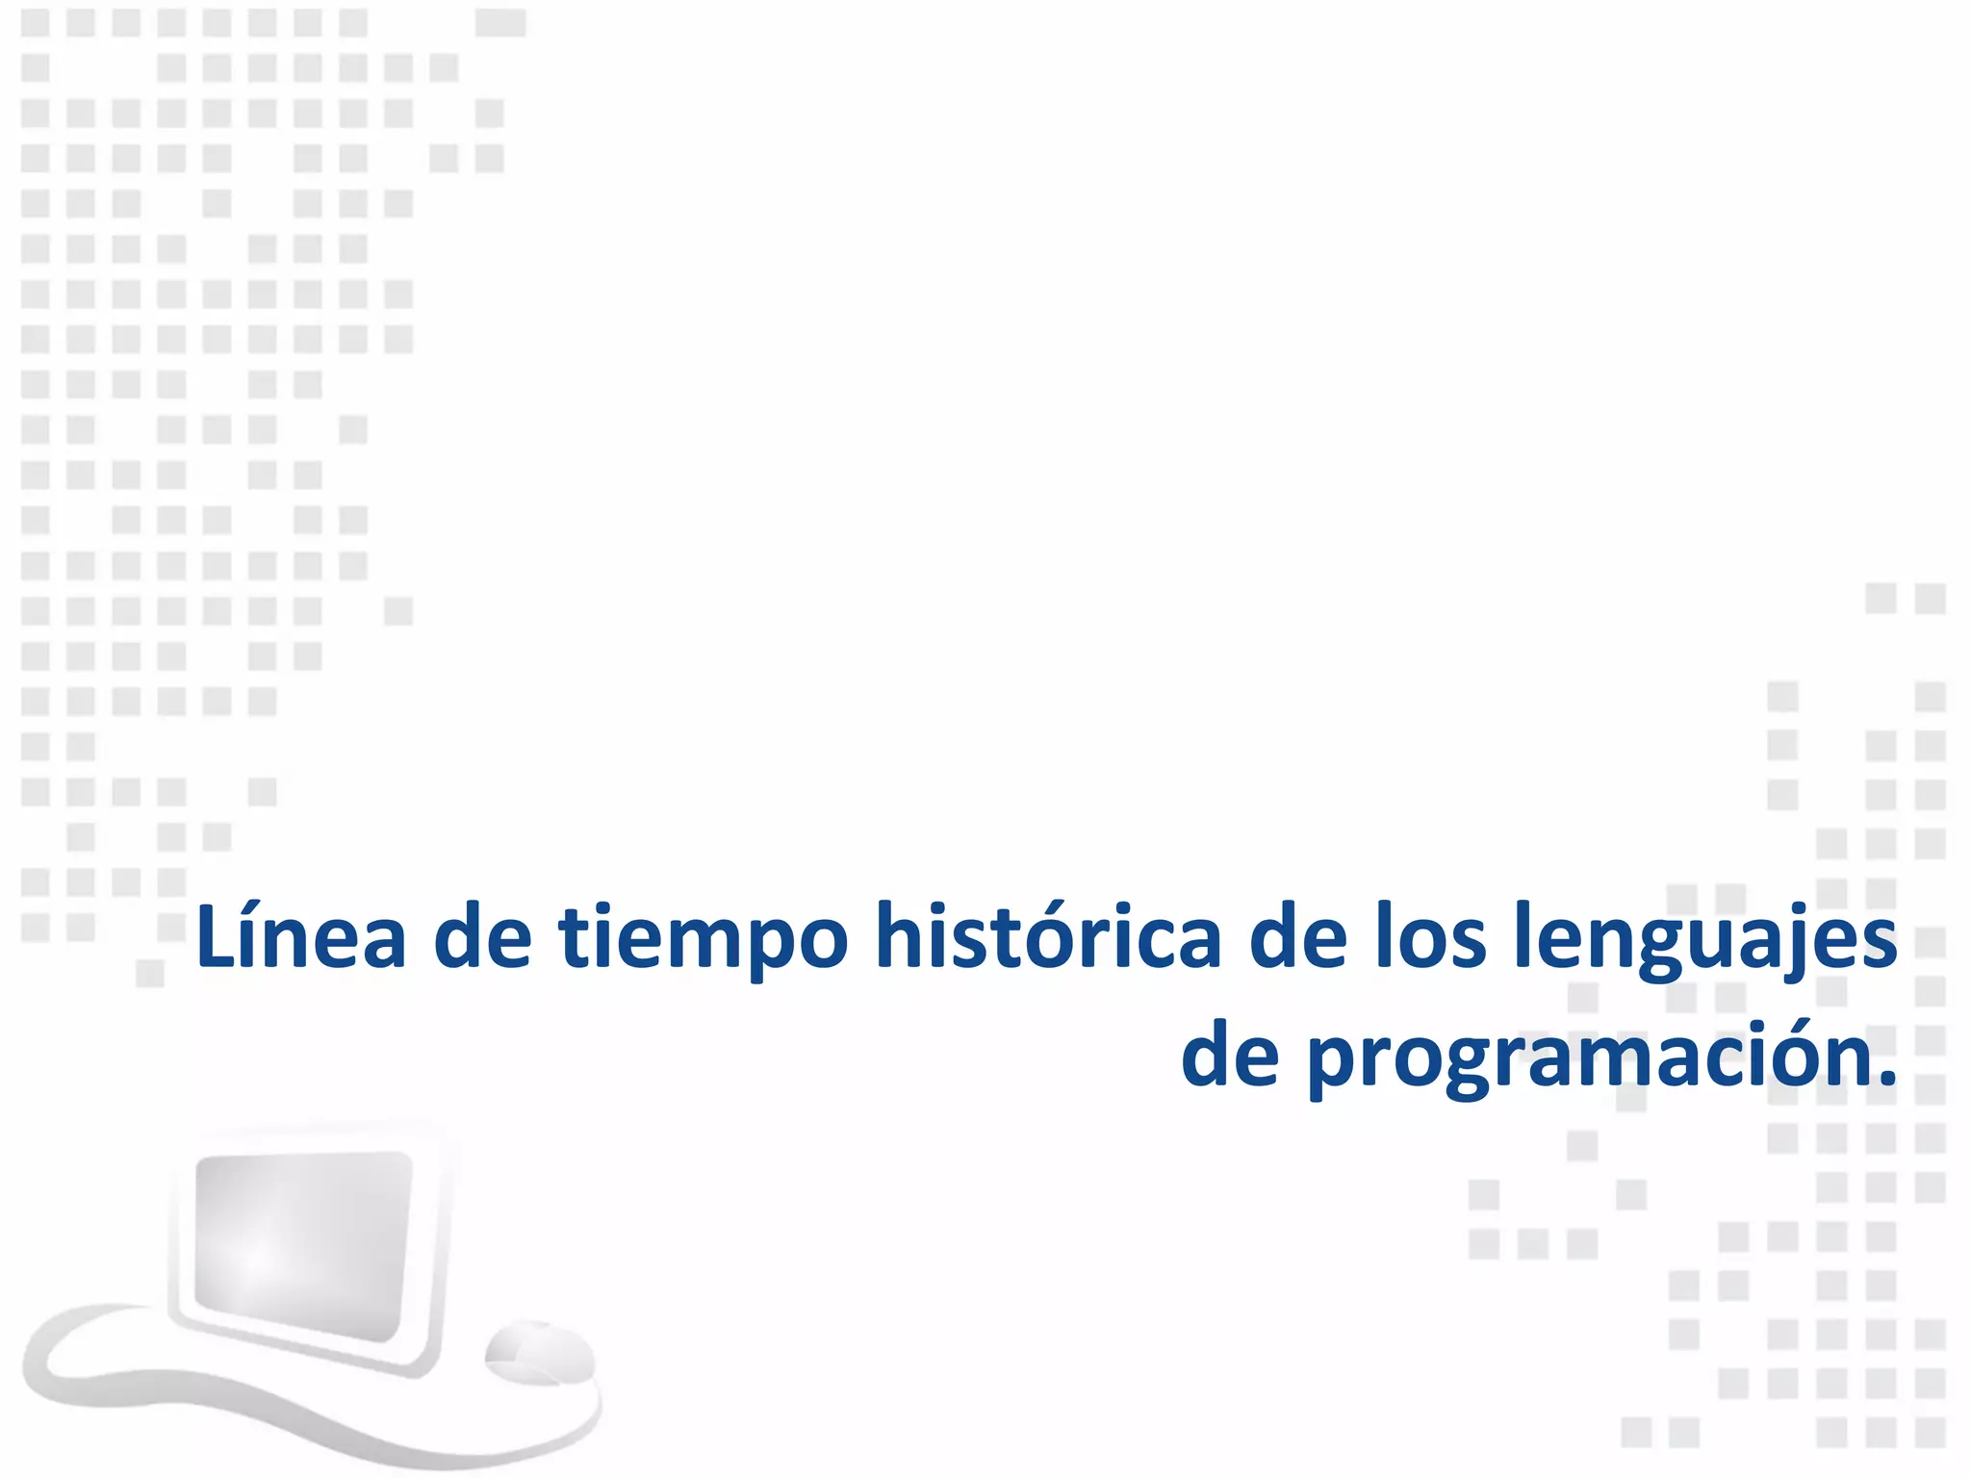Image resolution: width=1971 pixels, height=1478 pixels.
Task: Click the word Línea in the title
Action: click(x=300, y=938)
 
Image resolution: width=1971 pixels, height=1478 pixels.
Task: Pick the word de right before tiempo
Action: click(x=482, y=938)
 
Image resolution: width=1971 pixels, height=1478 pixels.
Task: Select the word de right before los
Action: click(x=1297, y=938)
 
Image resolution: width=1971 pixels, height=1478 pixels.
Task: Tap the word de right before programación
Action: click(x=1229, y=1057)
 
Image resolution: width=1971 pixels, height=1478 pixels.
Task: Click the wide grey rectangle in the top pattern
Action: click(x=500, y=22)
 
